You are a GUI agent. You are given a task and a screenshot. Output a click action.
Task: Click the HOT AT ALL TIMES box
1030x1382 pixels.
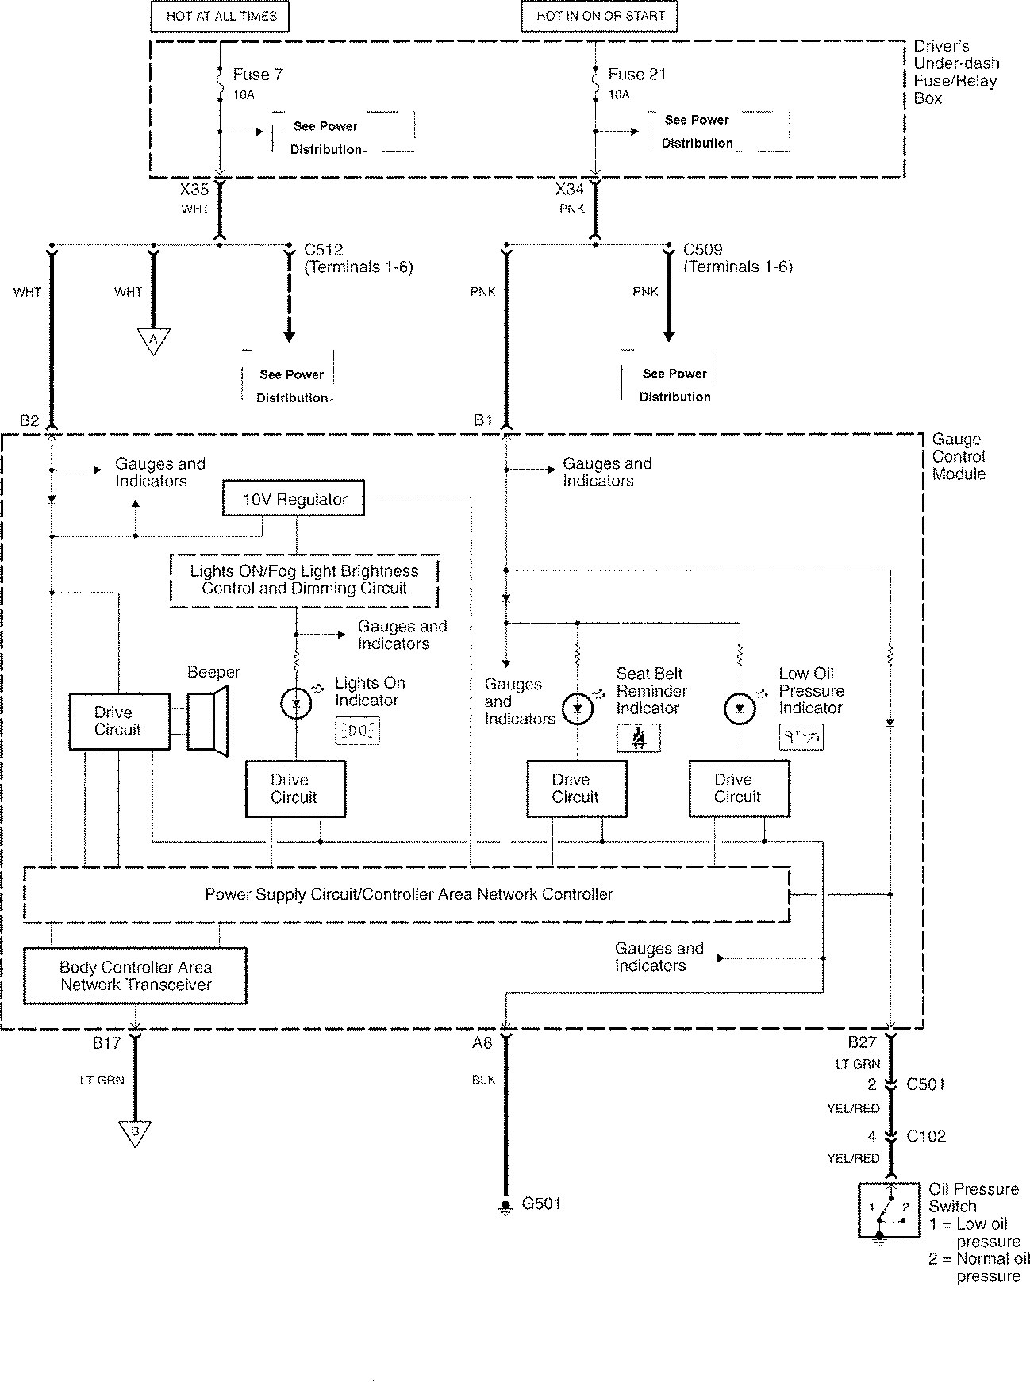(220, 16)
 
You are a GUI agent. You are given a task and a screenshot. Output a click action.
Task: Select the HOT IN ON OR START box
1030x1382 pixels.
(601, 16)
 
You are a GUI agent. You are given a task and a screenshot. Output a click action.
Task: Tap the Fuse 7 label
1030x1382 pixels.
(257, 75)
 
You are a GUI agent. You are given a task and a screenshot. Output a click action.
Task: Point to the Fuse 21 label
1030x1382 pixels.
(636, 75)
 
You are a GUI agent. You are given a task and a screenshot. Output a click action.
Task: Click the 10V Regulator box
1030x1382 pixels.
(294, 499)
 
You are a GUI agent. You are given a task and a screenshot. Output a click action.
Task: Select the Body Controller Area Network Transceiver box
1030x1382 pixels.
(135, 976)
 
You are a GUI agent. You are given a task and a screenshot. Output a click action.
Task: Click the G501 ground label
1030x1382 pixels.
(541, 1203)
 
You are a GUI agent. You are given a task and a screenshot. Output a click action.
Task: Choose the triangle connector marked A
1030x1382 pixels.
(154, 340)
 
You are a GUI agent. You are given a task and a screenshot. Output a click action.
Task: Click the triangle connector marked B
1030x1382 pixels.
(135, 1134)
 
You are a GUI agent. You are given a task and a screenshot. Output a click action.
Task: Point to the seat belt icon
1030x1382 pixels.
(638, 739)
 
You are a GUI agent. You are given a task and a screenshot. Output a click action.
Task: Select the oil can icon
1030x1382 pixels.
(801, 738)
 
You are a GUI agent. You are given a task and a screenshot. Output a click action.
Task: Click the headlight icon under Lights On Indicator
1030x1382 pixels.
(358, 731)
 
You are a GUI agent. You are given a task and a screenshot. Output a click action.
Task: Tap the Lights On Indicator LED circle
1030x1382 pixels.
(297, 702)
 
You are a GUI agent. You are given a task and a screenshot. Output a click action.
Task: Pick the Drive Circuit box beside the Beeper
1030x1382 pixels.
(119, 721)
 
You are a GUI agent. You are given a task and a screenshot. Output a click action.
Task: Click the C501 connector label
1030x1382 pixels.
(924, 1084)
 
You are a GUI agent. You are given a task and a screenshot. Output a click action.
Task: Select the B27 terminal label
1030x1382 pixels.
(863, 1042)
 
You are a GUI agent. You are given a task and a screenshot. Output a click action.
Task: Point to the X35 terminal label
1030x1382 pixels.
(194, 190)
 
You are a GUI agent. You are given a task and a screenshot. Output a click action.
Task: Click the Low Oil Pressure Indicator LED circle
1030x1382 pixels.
(740, 708)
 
